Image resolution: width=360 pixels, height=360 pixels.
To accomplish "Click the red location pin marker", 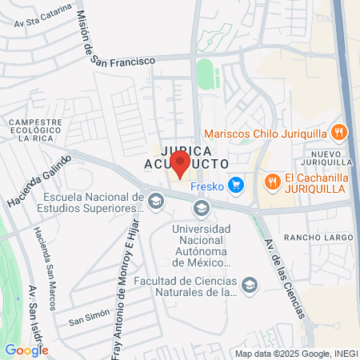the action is (x=180, y=163).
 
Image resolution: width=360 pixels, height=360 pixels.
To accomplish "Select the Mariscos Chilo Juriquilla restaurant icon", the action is (x=338, y=133).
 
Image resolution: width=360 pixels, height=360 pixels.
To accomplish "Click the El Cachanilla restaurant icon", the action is (x=273, y=181).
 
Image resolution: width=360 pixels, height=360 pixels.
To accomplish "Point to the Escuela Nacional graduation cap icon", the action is (x=155, y=200).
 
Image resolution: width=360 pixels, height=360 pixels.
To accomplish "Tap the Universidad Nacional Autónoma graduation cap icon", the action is (x=201, y=210).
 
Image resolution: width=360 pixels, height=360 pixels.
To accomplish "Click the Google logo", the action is (x=26, y=350).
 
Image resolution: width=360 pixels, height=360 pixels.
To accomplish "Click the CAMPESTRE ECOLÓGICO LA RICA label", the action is (x=34, y=130).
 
